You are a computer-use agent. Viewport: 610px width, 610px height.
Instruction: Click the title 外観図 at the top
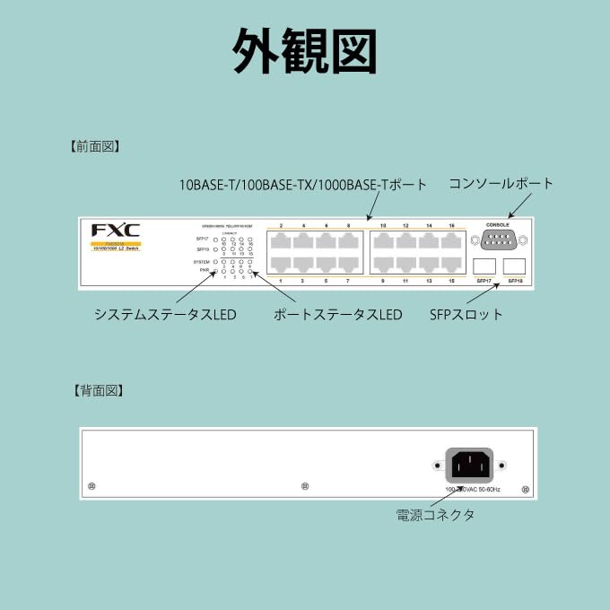tap(304, 51)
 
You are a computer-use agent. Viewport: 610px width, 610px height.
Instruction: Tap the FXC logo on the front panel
tap(116, 230)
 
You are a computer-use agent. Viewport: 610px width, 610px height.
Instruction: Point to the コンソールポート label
tap(501, 183)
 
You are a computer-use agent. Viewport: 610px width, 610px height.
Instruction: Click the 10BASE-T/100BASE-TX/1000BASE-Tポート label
tap(303, 185)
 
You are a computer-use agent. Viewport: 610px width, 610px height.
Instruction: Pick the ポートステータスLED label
tap(337, 315)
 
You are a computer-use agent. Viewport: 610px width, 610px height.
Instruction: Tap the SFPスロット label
tap(466, 315)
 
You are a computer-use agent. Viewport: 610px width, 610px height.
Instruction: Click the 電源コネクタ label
tap(435, 515)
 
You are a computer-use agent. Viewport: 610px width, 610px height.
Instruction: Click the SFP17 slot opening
tap(484, 266)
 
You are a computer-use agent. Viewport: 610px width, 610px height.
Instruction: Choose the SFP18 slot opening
tap(515, 266)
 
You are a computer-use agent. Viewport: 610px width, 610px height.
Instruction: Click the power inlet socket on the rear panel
tap(469, 465)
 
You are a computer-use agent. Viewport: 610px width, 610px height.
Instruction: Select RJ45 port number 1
tap(282, 264)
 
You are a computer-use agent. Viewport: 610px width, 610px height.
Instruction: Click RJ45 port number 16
tap(451, 241)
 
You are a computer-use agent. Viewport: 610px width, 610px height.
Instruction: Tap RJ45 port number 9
tap(383, 264)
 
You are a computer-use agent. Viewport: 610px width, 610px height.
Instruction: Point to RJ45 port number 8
tap(348, 241)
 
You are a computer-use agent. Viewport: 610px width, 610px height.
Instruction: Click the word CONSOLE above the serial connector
tap(497, 224)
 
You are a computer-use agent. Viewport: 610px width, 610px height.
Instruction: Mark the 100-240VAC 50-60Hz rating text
tap(473, 489)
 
